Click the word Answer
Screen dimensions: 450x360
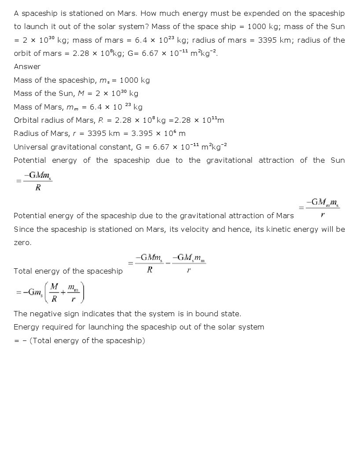[27, 67]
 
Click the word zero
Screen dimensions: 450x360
[22, 243]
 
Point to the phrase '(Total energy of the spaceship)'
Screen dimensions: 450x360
[87, 341]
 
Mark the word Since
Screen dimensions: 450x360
[23, 230]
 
